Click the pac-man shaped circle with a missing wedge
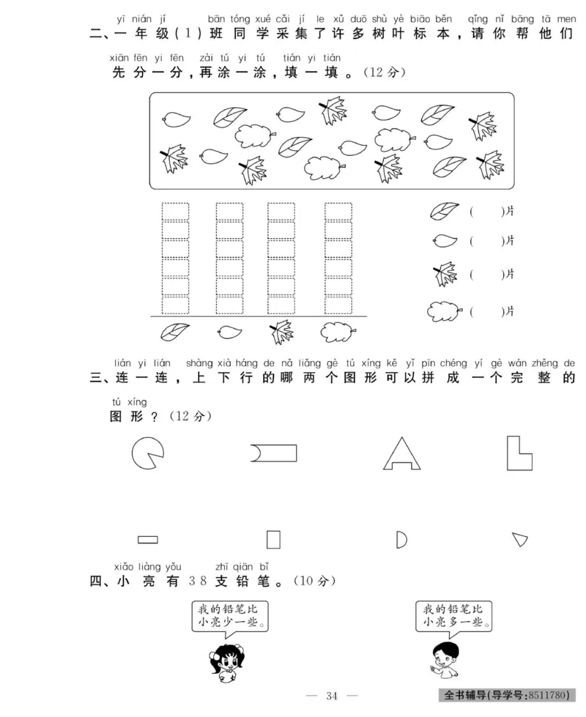point(147,453)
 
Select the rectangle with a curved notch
point(274,453)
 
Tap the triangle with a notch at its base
point(401,453)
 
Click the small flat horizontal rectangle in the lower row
point(148,540)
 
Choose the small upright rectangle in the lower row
point(273,540)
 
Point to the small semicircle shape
point(400,540)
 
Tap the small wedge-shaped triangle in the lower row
point(520,540)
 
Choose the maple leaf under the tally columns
point(281,332)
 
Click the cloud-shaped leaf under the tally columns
point(337,333)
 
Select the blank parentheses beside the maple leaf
point(486,275)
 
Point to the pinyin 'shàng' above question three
point(199,363)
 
